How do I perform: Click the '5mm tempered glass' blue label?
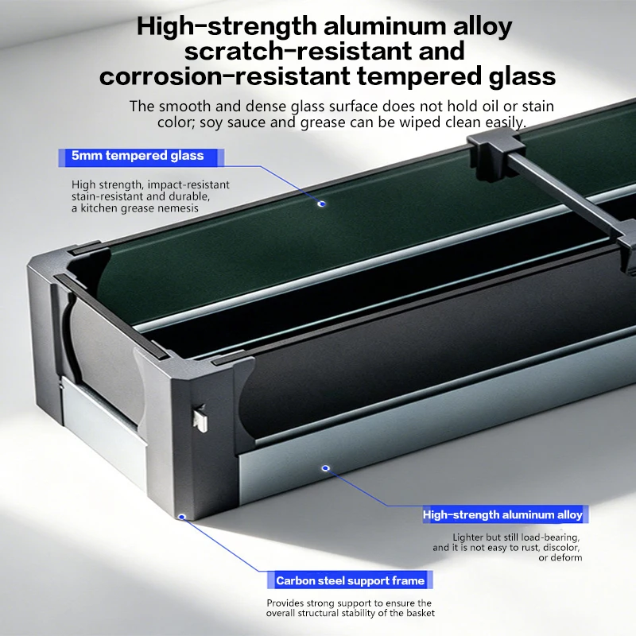click(141, 157)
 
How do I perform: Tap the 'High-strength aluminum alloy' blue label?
click(505, 514)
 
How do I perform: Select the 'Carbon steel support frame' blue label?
click(350, 580)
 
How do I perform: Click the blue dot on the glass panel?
click(322, 204)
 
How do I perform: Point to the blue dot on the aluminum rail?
click(325, 468)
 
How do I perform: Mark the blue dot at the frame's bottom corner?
click(182, 517)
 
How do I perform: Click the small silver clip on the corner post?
click(200, 420)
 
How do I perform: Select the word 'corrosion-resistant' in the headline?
click(224, 76)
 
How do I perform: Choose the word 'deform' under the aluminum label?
click(565, 558)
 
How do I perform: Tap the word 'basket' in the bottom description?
click(420, 613)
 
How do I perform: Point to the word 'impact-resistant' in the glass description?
click(188, 185)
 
